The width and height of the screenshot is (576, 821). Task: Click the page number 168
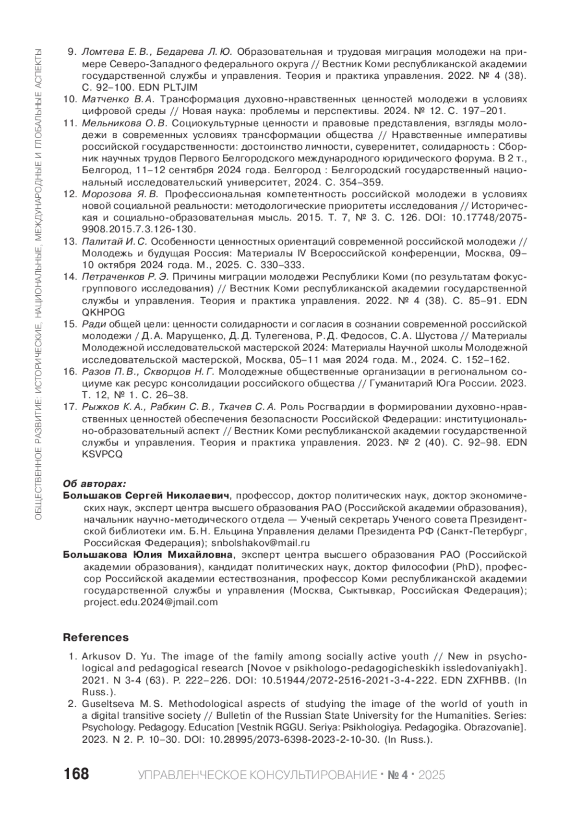coord(76,774)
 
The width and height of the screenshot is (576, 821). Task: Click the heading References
coord(96,638)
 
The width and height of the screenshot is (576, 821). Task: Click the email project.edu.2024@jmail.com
coord(150,602)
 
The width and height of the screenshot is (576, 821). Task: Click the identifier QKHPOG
coord(103,312)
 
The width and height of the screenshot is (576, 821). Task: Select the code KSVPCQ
coord(102,454)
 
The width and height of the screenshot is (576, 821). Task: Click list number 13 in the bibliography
coord(70,241)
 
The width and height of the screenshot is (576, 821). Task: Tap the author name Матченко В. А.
coord(118,99)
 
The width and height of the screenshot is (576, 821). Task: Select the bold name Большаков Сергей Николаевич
coord(147,495)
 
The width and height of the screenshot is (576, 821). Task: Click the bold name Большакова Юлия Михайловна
coord(148,555)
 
